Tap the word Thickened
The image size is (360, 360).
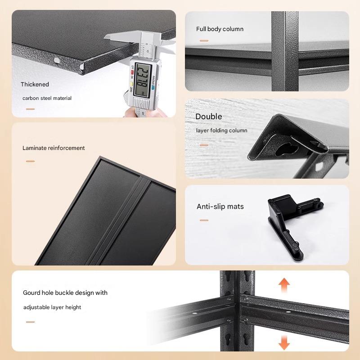pos(35,84)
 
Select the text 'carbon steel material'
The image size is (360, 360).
pos(47,98)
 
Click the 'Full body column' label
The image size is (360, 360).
pos(220,29)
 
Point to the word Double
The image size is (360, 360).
pos(209,117)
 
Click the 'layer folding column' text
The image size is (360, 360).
pos(221,130)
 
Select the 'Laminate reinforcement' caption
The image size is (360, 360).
pos(54,148)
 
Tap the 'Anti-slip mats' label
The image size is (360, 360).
pos(220,207)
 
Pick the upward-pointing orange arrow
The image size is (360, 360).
pos(284,285)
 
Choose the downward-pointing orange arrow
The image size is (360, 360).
pos(284,342)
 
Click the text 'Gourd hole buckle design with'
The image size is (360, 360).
pos(65,293)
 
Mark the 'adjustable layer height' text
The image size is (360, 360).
pos(52,307)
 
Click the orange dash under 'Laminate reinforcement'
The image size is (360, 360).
pos(30,161)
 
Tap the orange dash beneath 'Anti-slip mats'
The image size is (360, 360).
pos(204,220)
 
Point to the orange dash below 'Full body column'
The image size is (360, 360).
pos(204,40)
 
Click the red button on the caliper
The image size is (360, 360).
pos(132,72)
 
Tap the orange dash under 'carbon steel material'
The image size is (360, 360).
pos(30,109)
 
